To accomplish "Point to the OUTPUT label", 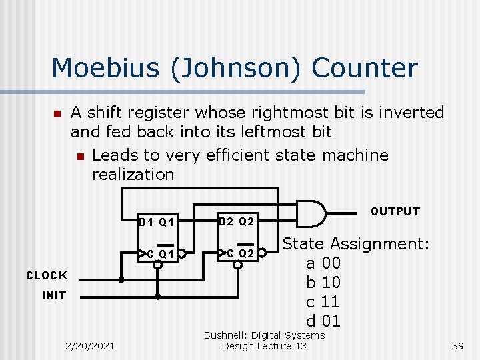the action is click(395, 212).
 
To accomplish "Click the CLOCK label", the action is click(47, 275).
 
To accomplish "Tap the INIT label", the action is click(54, 295).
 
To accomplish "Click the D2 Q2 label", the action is click(237, 221).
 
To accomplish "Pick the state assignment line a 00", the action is click(323, 263).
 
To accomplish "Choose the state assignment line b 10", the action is click(323, 282).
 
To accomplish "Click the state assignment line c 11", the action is click(323, 301).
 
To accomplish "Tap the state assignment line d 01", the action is click(323, 321).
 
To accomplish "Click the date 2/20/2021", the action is click(90, 345).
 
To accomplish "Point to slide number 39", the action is click(457, 346).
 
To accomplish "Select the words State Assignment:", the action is click(356, 243).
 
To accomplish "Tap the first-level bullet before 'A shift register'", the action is click(57, 114).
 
